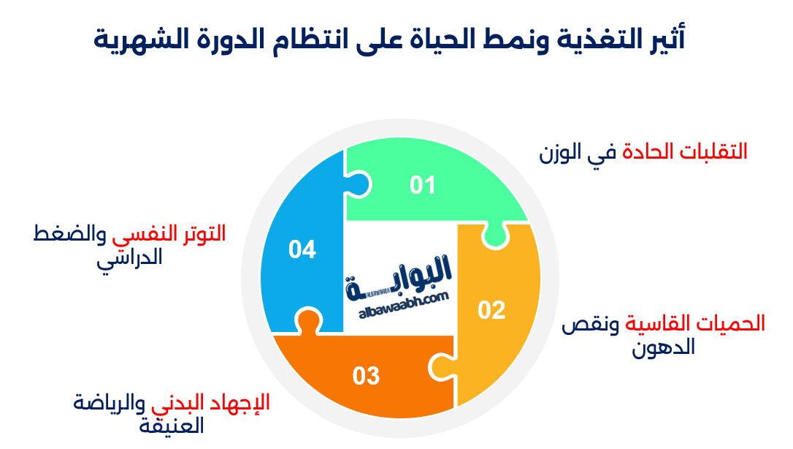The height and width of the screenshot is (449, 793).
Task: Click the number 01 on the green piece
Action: tap(422, 186)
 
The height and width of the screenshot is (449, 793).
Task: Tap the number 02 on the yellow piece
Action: tap(491, 310)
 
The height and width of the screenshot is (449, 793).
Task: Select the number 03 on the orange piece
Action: tap(366, 376)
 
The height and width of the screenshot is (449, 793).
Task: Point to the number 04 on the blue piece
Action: tap(302, 250)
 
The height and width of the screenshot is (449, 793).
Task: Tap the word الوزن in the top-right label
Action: tap(560, 153)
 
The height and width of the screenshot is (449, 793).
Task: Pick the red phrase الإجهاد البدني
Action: tap(211, 401)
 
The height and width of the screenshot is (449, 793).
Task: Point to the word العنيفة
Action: tap(172, 425)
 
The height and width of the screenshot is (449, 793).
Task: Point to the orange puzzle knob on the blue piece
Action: tap(307, 322)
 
